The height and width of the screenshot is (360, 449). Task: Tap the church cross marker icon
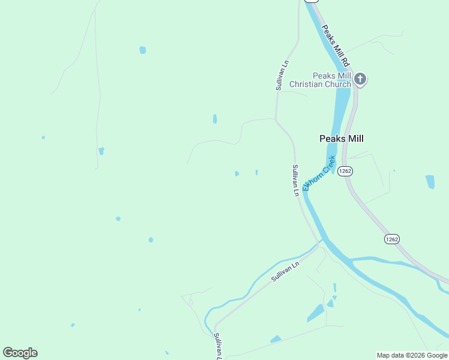tap(360, 79)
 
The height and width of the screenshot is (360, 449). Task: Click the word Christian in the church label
tap(306, 85)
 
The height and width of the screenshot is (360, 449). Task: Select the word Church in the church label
tap(338, 85)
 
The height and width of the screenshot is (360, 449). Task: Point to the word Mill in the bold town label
tap(354, 138)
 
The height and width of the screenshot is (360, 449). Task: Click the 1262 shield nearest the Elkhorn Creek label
tap(345, 171)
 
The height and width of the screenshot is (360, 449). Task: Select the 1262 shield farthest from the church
tap(391, 239)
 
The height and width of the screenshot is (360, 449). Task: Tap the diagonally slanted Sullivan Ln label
tap(285, 272)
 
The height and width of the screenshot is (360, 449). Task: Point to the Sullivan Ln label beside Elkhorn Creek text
tap(295, 180)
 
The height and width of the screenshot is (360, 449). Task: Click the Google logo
tap(20, 353)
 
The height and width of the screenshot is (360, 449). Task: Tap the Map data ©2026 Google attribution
tap(412, 355)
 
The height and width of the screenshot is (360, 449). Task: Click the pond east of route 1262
tap(430, 181)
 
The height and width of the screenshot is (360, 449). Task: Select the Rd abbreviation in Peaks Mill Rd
tap(345, 61)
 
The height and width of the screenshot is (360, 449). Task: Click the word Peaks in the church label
tap(323, 76)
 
